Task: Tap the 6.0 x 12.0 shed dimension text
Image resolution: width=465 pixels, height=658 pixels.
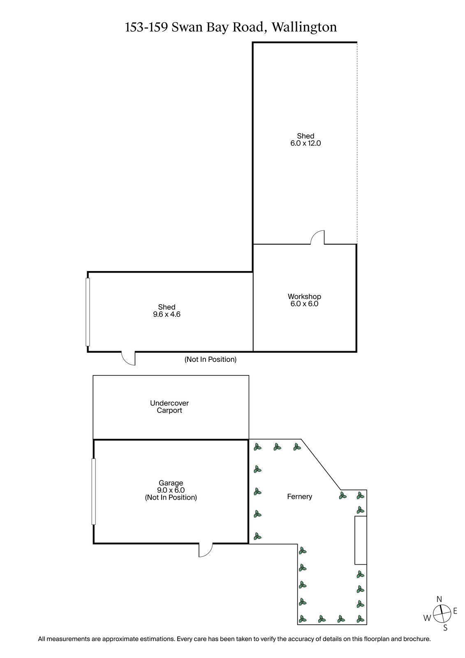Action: (305, 144)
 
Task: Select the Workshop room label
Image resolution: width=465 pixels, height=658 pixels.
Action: (304, 297)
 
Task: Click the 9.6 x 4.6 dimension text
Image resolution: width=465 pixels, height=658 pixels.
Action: (167, 315)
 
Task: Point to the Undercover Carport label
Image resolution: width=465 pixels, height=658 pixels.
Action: (169, 407)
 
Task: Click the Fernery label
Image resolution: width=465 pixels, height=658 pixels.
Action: (299, 497)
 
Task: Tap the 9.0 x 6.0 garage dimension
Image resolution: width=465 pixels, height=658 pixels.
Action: (171, 490)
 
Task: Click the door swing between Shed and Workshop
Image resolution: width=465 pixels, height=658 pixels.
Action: (318, 238)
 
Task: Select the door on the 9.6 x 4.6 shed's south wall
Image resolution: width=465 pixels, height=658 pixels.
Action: (128, 358)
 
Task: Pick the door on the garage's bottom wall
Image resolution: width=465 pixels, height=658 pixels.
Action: (205, 550)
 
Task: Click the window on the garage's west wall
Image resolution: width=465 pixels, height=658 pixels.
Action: (94, 491)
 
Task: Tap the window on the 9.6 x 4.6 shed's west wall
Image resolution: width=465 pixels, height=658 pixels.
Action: (88, 312)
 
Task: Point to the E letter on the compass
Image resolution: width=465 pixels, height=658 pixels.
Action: (455, 612)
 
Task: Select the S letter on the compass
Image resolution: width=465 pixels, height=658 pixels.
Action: (445, 628)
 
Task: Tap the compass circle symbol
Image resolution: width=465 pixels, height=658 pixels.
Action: (442, 614)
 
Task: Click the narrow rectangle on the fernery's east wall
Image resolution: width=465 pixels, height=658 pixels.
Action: (361, 540)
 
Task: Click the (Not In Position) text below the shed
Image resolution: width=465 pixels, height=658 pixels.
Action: (211, 359)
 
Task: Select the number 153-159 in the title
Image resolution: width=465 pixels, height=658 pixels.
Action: (146, 27)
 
